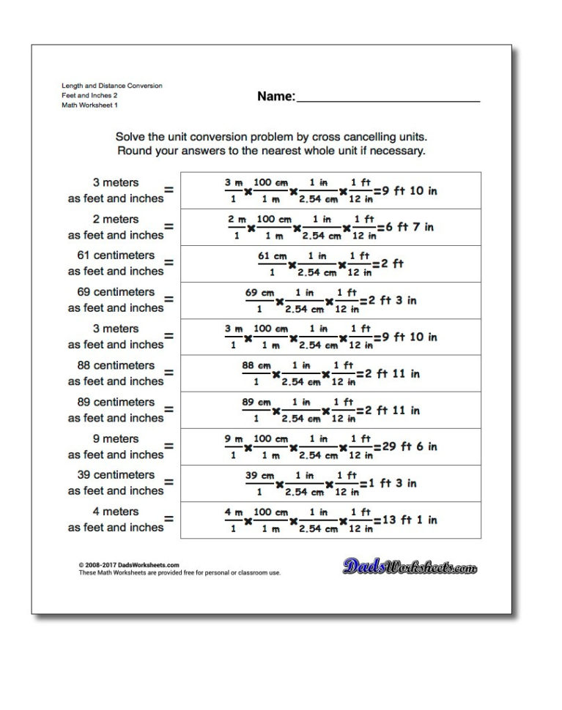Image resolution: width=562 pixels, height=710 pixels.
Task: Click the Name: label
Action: tap(276, 96)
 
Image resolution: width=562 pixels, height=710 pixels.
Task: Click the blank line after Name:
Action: tap(388, 100)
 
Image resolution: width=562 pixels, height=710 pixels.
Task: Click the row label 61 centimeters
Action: tap(116, 255)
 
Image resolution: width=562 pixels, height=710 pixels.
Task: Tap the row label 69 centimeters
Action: tap(116, 292)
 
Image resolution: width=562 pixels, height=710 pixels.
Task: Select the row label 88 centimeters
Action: tap(116, 365)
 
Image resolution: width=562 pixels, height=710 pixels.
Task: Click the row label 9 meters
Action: tap(116, 438)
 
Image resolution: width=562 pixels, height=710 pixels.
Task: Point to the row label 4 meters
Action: tap(116, 512)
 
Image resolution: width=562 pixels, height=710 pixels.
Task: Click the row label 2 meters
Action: tap(116, 219)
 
